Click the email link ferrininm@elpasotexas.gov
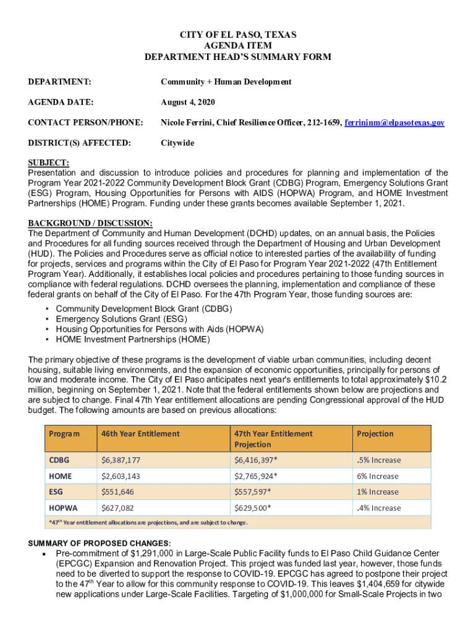click(x=394, y=123)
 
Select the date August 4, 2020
click(x=188, y=102)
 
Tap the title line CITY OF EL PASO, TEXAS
click(x=238, y=35)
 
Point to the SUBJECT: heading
click(x=49, y=163)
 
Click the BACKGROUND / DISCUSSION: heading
click(x=90, y=223)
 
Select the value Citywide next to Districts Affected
click(x=177, y=143)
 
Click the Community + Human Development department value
click(x=226, y=82)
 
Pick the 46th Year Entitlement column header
click(x=141, y=433)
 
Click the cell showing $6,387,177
click(x=121, y=460)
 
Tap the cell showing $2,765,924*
click(x=255, y=476)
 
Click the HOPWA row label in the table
click(x=63, y=508)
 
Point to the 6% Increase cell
click(x=377, y=476)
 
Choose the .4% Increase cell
click(x=378, y=508)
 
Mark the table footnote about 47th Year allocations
click(x=148, y=522)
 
